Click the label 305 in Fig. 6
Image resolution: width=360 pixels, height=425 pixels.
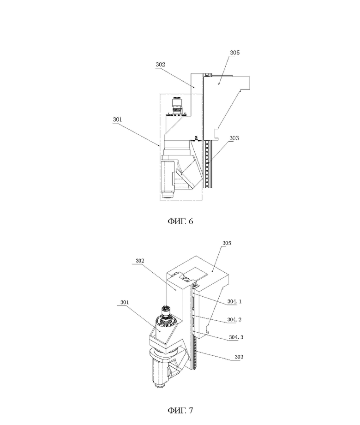(235, 53)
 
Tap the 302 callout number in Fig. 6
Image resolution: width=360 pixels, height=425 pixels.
(160, 65)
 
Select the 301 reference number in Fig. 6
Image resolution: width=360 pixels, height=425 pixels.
(117, 119)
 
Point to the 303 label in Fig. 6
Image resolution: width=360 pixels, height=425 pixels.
(234, 138)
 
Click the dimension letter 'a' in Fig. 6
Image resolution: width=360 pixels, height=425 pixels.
(196, 138)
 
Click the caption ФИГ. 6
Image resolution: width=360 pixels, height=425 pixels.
(180, 221)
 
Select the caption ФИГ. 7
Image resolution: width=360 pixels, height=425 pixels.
(180, 410)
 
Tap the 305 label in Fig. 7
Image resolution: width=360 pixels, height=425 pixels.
(227, 243)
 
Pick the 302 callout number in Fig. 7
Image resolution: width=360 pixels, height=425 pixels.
(140, 261)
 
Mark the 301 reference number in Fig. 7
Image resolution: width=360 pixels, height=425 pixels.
(125, 303)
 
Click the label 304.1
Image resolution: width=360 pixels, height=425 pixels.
(234, 301)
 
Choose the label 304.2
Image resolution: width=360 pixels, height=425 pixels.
(234, 320)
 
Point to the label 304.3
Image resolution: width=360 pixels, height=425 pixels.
(236, 337)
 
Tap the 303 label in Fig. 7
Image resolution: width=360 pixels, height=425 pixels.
(239, 357)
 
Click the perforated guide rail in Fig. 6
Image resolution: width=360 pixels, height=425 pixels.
(208, 164)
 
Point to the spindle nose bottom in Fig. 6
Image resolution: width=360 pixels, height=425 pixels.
(168, 195)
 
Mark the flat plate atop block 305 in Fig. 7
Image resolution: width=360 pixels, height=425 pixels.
(196, 274)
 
